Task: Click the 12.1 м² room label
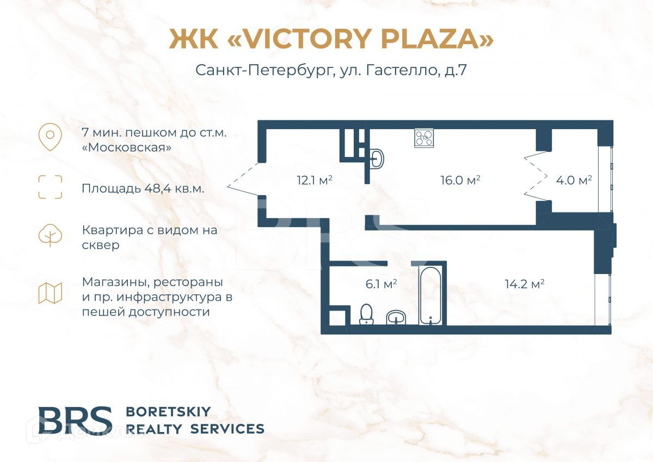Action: coord(315,180)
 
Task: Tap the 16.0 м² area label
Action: coord(460,180)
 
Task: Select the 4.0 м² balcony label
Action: coord(574,180)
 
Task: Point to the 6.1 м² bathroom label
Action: coord(380,284)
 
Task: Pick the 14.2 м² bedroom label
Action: coord(525,284)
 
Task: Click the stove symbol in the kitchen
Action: coord(424,137)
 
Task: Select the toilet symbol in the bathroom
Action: coord(366,314)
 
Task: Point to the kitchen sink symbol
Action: coord(377,159)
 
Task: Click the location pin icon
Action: coord(50,137)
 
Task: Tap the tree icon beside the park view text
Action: coord(50,235)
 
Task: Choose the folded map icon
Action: coord(50,293)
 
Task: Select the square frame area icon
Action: coord(50,187)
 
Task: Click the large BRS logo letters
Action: coord(75,420)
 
